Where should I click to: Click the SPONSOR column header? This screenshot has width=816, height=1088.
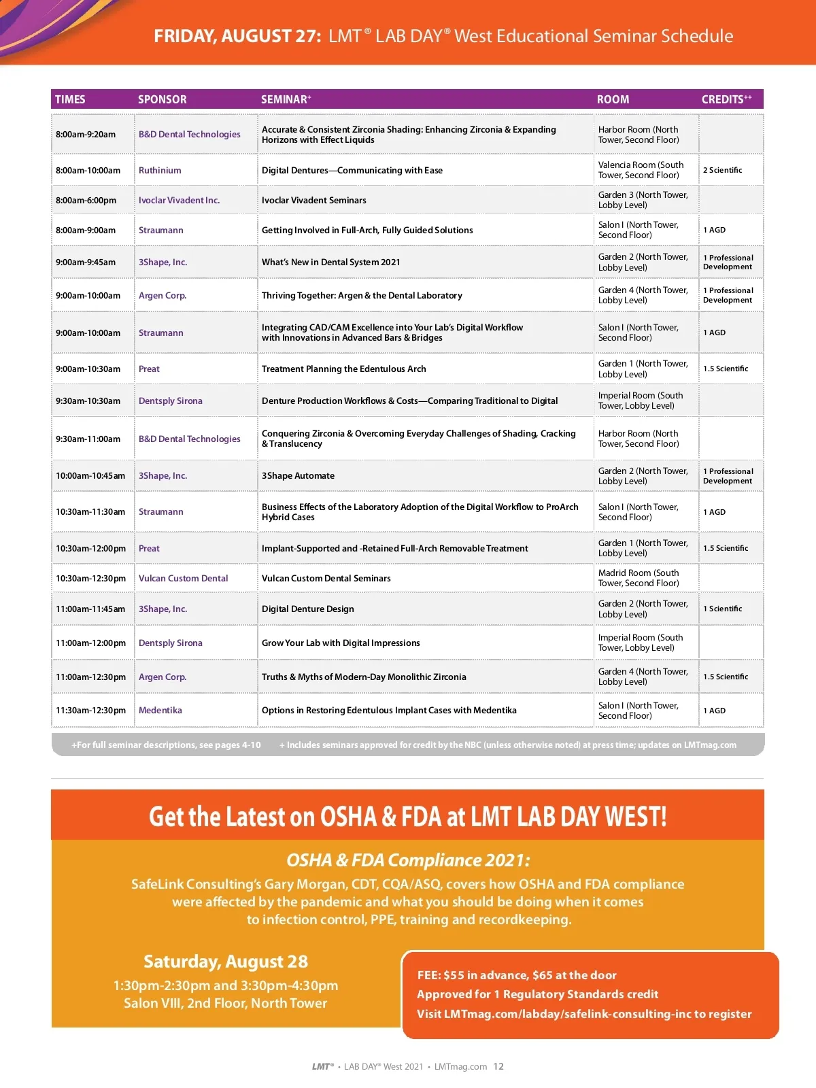[x=162, y=99]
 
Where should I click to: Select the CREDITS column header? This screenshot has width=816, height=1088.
[x=726, y=99]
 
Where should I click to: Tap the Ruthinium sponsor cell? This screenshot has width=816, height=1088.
[x=160, y=170]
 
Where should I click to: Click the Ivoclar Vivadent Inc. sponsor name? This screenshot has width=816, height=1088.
[x=179, y=200]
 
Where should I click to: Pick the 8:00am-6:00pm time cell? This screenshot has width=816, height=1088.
[x=86, y=200]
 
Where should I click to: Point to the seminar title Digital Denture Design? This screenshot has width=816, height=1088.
[x=307, y=609]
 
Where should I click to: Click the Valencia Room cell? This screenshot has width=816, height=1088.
[x=641, y=170]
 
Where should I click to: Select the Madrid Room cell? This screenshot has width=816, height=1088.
[x=639, y=578]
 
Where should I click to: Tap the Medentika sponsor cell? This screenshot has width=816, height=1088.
[x=160, y=710]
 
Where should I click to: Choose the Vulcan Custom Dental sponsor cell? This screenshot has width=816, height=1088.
[x=184, y=578]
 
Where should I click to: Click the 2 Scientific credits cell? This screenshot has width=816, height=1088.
[x=722, y=170]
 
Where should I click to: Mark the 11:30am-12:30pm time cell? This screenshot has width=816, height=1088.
[x=90, y=710]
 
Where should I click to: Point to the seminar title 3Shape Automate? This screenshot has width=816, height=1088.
[x=298, y=475]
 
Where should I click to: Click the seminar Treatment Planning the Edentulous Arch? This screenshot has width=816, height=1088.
[x=343, y=369]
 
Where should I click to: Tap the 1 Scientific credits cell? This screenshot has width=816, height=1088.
[x=722, y=609]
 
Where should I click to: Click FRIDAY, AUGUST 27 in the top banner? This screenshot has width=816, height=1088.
[x=237, y=36]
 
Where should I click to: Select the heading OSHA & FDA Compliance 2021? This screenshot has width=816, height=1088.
[x=408, y=860]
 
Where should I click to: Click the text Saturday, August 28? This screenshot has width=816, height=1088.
[x=226, y=962]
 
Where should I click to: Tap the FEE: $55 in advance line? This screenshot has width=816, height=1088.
[x=517, y=975]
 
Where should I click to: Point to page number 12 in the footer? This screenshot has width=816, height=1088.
[x=498, y=1066]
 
